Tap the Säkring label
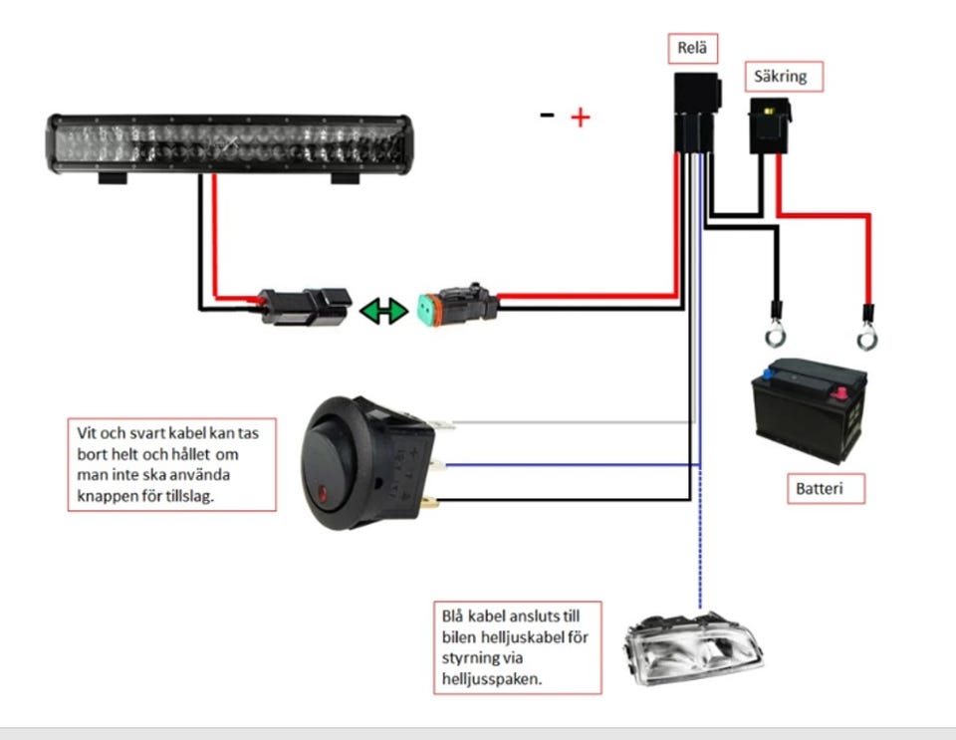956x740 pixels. click(x=784, y=76)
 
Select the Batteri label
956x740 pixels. click(x=828, y=489)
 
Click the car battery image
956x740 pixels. click(x=808, y=412)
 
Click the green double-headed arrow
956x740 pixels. click(x=383, y=311)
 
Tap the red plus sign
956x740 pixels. click(x=580, y=118)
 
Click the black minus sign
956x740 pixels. click(x=547, y=115)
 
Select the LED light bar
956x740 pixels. click(x=230, y=145)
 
